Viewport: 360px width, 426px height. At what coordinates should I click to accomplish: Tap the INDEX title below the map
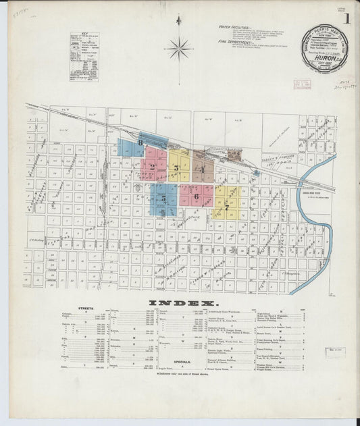pyautogui.click(x=181, y=302)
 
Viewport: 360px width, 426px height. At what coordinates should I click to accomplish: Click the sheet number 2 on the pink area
pyautogui.click(x=153, y=167)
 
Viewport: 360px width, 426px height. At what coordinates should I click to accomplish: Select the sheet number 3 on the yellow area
pyautogui.click(x=176, y=167)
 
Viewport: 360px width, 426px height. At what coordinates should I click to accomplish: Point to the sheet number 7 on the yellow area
pyautogui.click(x=228, y=199)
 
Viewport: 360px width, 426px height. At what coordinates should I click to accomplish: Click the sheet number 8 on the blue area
pyautogui.click(x=140, y=143)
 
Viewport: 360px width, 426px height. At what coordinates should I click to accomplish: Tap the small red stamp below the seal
pyautogui.click(x=302, y=85)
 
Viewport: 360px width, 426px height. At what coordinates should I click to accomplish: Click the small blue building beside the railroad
pyautogui.click(x=255, y=171)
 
